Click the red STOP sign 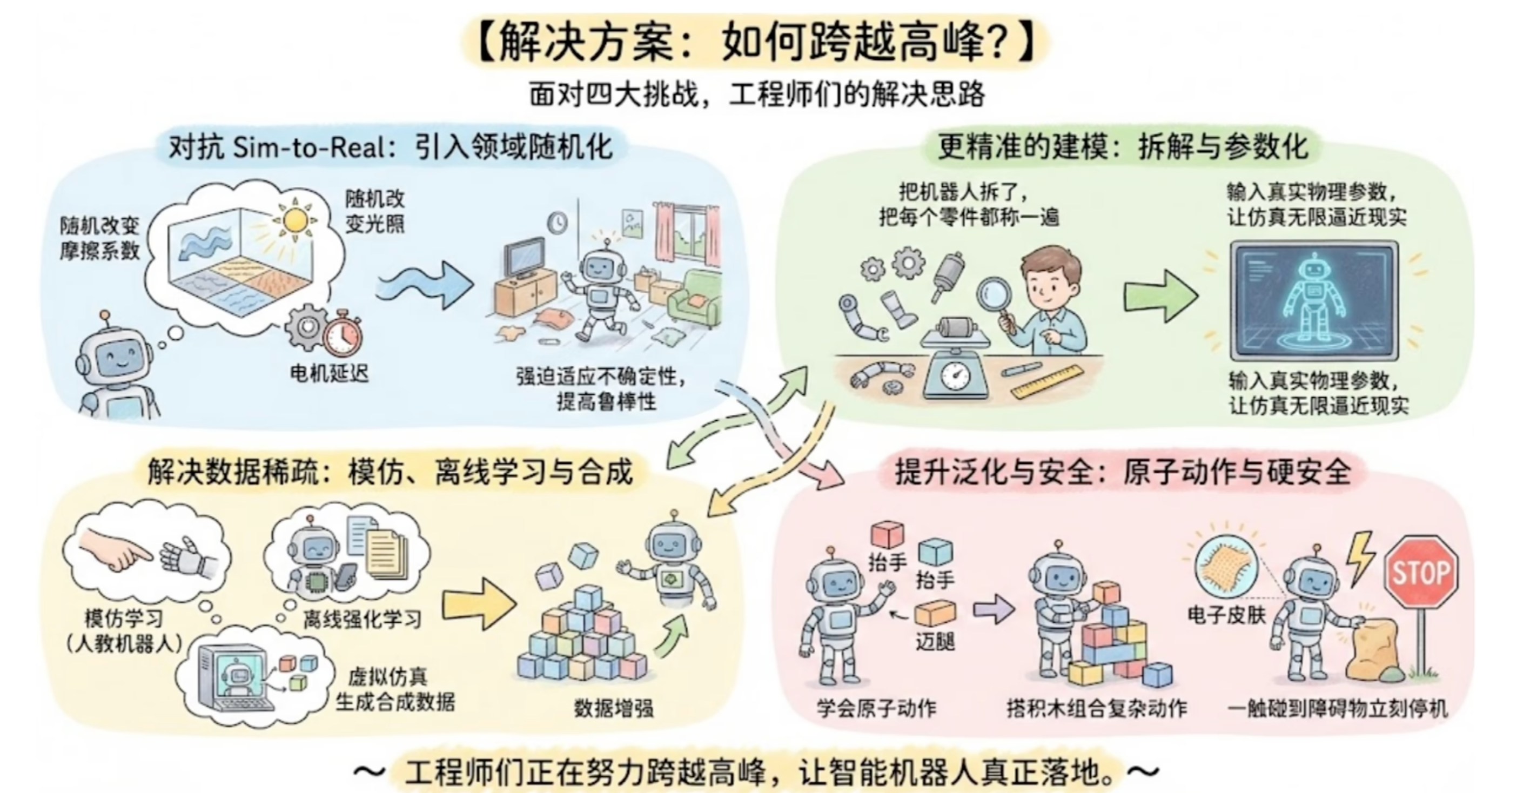click(1421, 572)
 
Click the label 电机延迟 click(329, 373)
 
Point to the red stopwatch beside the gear click(343, 335)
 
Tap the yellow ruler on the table click(1046, 381)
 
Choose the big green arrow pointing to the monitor click(1160, 295)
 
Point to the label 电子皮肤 click(1226, 615)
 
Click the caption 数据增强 click(614, 708)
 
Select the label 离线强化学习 click(362, 620)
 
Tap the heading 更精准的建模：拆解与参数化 click(1123, 147)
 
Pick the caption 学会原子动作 click(876, 708)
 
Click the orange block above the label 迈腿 click(935, 613)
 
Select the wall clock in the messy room click(557, 222)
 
